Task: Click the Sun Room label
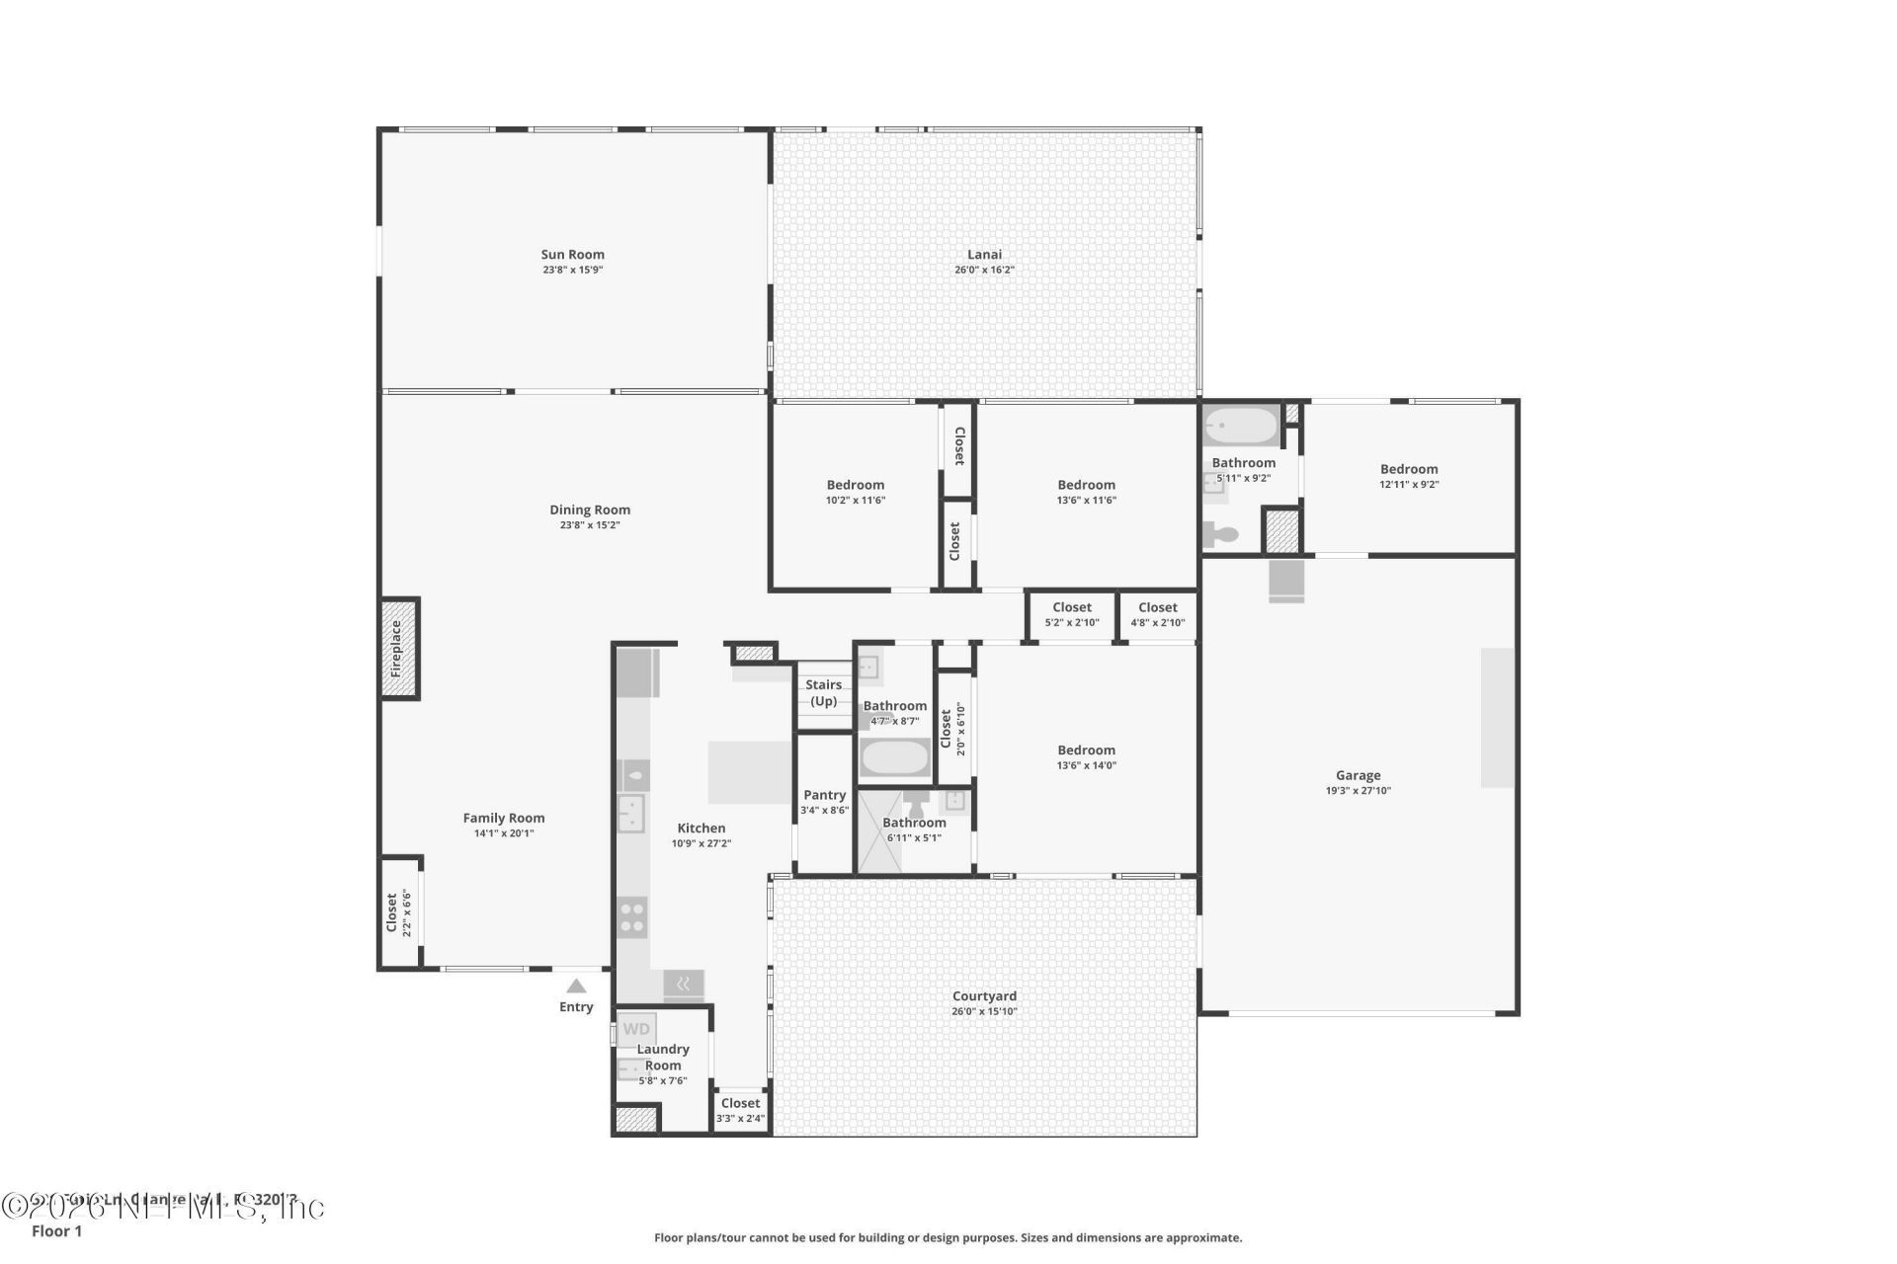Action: pyautogui.click(x=572, y=255)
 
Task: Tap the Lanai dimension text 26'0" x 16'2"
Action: pyautogui.click(x=984, y=270)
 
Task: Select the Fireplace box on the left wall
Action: pyautogui.click(x=398, y=649)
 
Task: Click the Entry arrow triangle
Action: pyautogui.click(x=576, y=986)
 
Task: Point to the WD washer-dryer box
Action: pyautogui.click(x=636, y=1029)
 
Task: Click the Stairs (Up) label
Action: pyautogui.click(x=823, y=692)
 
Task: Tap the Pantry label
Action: pyautogui.click(x=824, y=795)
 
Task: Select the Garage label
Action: pyautogui.click(x=1358, y=775)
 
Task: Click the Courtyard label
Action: pyautogui.click(x=984, y=996)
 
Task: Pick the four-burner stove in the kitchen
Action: pyautogui.click(x=632, y=917)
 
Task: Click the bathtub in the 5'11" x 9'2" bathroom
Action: pyautogui.click(x=1241, y=428)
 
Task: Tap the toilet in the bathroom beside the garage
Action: pyautogui.click(x=1221, y=535)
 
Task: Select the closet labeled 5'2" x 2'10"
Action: pyautogui.click(x=1072, y=614)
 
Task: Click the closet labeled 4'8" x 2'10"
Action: pyautogui.click(x=1157, y=614)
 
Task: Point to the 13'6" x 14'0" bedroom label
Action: pyautogui.click(x=1086, y=750)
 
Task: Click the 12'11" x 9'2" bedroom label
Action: pyautogui.click(x=1409, y=469)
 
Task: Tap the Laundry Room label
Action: pyautogui.click(x=663, y=1057)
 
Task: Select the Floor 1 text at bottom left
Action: pyautogui.click(x=56, y=1230)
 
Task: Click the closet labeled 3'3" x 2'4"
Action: pyautogui.click(x=740, y=1110)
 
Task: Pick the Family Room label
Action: pyautogui.click(x=504, y=818)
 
